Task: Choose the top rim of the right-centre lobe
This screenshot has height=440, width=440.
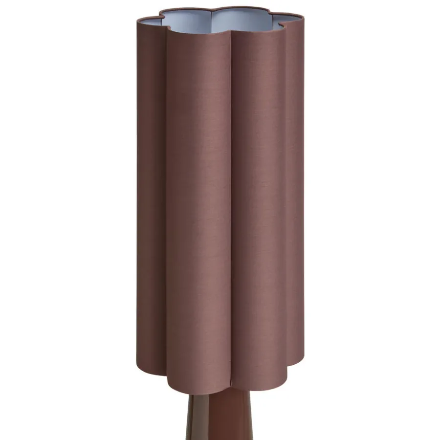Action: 259,28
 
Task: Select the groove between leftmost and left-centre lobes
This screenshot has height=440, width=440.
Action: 165,205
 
